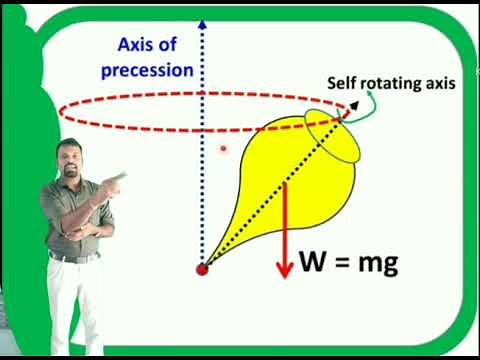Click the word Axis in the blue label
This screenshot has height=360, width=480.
click(x=138, y=45)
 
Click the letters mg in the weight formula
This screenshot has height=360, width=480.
click(x=377, y=265)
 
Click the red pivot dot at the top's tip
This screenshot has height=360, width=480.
click(x=203, y=269)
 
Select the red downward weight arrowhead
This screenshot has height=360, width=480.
click(x=286, y=270)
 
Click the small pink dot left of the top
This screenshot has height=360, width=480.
click(x=224, y=148)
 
